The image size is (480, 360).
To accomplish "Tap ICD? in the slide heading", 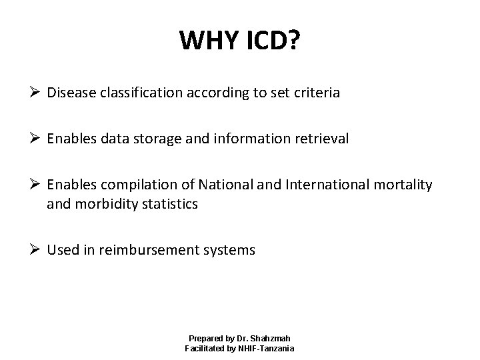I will coord(271,43).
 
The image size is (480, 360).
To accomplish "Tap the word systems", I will coord(230,251).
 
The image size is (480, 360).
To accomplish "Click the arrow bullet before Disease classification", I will coord(37,93).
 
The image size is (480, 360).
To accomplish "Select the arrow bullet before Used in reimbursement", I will coord(37,251).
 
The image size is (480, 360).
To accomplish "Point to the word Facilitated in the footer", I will coord(202,349).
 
